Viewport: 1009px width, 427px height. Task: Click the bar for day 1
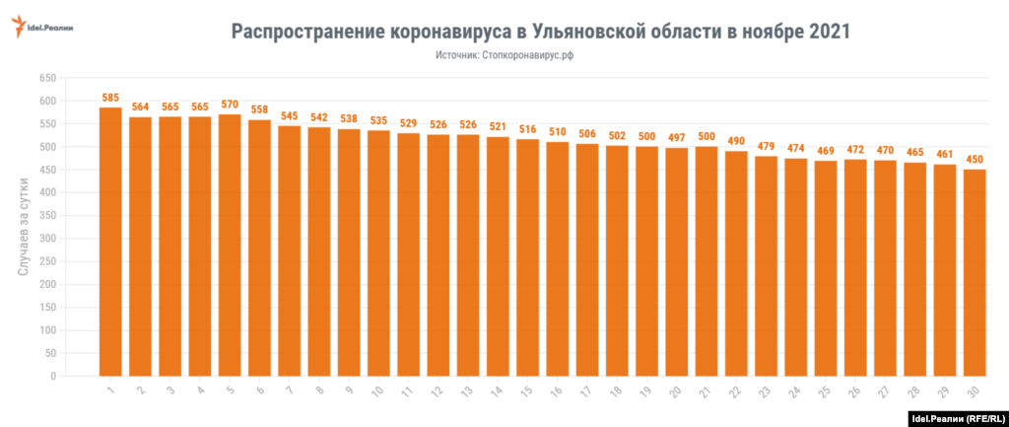point(110,242)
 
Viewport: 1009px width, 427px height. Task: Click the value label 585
point(110,98)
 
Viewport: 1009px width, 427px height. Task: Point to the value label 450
point(975,160)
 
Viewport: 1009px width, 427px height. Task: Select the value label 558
point(259,109)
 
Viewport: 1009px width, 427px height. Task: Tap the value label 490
point(736,140)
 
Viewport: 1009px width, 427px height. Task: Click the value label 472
point(855,149)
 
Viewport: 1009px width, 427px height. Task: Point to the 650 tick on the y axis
point(45,78)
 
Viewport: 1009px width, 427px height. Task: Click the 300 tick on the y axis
point(45,239)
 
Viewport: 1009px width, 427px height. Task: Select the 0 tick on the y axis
point(52,376)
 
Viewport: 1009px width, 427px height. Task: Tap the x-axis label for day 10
point(377,393)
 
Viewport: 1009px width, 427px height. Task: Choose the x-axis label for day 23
point(765,393)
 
